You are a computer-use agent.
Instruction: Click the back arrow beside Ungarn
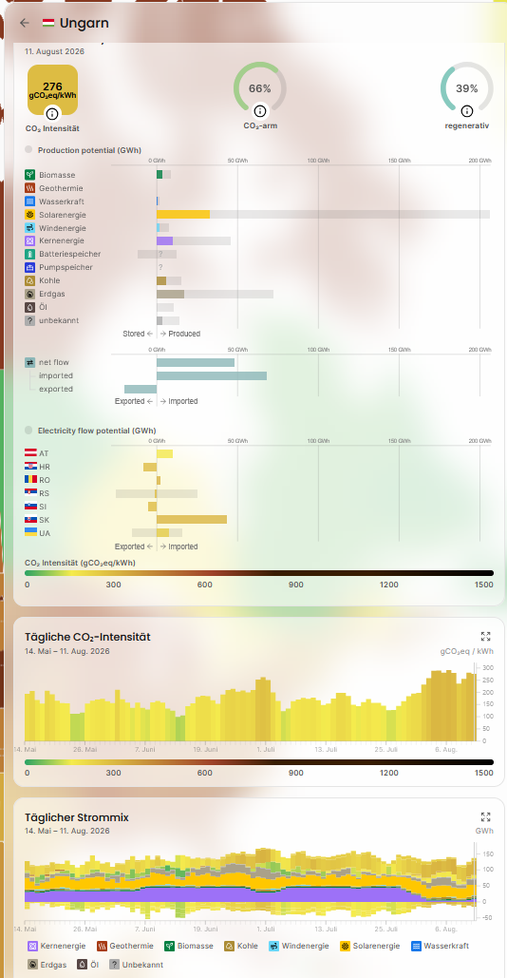[25, 23]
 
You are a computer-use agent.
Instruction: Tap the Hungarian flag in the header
[48, 23]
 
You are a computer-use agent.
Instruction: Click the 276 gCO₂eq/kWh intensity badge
[53, 89]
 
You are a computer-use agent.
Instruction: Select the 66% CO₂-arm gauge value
[260, 88]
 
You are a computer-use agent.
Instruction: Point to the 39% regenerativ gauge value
[466, 88]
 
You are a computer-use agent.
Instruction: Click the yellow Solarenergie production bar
[183, 215]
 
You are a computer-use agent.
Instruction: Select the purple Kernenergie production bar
[164, 240]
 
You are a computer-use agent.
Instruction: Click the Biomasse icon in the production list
[30, 175]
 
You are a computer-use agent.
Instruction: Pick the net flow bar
[196, 362]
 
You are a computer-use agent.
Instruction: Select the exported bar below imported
[141, 390]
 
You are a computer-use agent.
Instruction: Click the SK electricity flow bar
[192, 520]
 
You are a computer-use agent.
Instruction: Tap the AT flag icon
[30, 453]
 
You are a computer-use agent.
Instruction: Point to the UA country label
[45, 533]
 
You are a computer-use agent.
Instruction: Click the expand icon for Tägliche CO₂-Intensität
[486, 636]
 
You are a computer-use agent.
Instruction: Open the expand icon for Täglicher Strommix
[486, 817]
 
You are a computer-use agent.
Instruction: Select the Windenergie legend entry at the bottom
[299, 947]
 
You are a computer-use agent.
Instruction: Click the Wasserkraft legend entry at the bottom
[441, 947]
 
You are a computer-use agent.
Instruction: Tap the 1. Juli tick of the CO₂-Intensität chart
[266, 749]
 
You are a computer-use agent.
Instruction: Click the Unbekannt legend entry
[137, 965]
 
